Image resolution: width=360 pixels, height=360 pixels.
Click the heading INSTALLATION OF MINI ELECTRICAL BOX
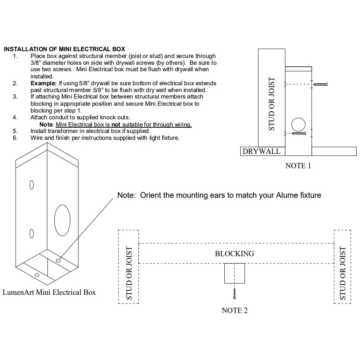pos(64,49)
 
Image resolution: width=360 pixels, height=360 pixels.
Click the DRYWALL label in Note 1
pos(261,152)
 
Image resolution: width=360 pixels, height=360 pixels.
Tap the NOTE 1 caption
pos(298,166)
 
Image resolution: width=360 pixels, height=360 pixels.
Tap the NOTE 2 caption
pos(235,311)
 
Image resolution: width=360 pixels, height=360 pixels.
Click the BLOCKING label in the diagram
pos(235,254)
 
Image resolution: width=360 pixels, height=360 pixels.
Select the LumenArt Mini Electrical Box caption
pos(49,292)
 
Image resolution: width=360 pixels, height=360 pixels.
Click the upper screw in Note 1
pos(321,84)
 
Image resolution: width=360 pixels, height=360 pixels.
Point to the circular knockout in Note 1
pos(298,124)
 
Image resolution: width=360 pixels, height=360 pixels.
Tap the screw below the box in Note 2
pos(235,294)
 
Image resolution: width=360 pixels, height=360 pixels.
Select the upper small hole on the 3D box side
pos(31,185)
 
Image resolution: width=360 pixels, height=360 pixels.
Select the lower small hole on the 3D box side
pos(31,233)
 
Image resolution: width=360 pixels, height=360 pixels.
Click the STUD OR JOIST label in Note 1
pos(271,104)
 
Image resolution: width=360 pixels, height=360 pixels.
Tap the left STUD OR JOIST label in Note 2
pos(129,273)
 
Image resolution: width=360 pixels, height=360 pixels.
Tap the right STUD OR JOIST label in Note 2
pos(343,273)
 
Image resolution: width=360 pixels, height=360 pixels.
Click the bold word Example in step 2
pos(44,83)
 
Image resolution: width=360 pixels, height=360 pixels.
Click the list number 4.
pos(15,117)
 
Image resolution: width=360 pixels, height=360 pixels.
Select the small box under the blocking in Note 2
pos(235,273)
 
